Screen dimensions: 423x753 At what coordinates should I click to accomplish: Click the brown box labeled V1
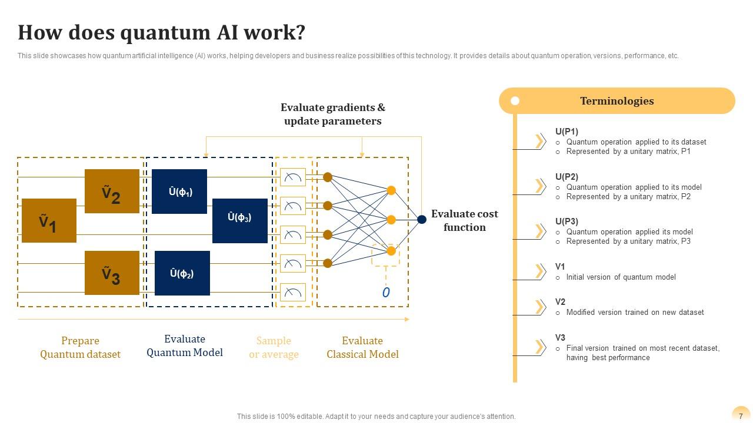point(49,221)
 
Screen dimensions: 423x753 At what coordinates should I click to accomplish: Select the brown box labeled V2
point(112,191)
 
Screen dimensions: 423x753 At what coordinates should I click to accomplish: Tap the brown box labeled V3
point(112,273)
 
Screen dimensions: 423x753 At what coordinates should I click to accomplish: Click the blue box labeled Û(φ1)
point(179,192)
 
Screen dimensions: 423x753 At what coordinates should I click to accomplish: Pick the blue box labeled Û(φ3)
point(239,220)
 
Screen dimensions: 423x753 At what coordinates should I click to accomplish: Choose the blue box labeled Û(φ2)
point(182,273)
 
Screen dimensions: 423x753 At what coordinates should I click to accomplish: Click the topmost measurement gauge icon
point(293,177)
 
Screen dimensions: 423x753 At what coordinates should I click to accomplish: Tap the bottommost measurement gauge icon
point(293,292)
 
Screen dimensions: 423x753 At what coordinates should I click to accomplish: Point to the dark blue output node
point(422,220)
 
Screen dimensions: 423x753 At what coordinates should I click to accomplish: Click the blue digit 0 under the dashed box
point(386,293)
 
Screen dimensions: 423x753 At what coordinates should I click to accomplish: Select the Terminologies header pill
point(617,101)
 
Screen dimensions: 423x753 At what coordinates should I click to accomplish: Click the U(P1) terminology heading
point(567,132)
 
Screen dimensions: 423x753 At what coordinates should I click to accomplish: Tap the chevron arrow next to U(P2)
point(539,186)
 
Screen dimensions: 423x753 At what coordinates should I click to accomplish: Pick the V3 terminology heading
point(560,338)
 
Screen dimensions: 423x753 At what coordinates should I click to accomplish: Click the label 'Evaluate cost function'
point(464,220)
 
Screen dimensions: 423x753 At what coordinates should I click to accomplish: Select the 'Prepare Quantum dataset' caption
point(80,347)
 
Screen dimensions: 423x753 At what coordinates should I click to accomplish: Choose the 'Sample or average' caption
point(274,347)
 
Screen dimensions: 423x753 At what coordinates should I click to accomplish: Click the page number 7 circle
point(741,415)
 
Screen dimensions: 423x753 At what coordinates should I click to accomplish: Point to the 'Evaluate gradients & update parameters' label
point(333,114)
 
